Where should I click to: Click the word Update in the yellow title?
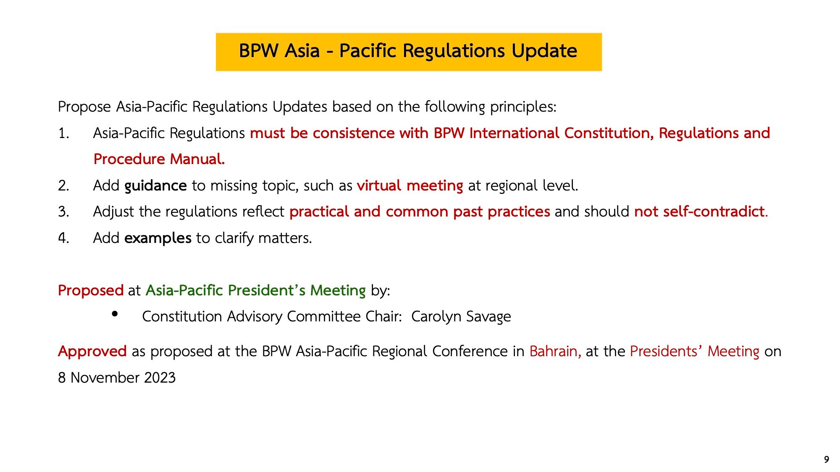click(x=544, y=51)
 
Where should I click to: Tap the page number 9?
click(x=827, y=459)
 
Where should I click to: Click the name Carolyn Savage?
click(x=461, y=317)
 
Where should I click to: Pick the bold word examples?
click(x=158, y=238)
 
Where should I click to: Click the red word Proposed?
click(x=91, y=290)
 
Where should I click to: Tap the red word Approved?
click(x=92, y=351)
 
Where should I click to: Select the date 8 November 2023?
click(x=117, y=378)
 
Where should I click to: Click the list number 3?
click(x=63, y=211)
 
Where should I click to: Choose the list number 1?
click(x=63, y=133)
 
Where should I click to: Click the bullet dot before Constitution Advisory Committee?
click(x=115, y=314)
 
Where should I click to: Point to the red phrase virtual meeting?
click(x=410, y=185)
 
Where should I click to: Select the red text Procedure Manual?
click(x=159, y=159)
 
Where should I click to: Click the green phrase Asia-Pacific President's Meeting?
click(x=256, y=290)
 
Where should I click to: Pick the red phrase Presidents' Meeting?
click(x=695, y=351)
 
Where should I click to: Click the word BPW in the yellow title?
click(x=259, y=51)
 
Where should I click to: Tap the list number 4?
click(x=63, y=238)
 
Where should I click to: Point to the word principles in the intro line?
click(x=523, y=107)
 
